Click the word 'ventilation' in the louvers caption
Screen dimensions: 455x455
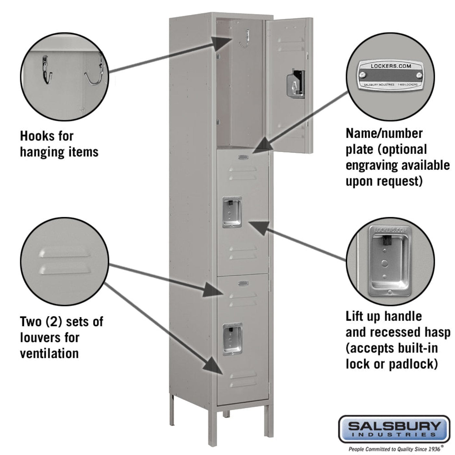(49, 353)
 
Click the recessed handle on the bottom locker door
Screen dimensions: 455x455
(232, 339)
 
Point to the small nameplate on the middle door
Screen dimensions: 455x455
(243, 157)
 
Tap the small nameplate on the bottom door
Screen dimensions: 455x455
(243, 284)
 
